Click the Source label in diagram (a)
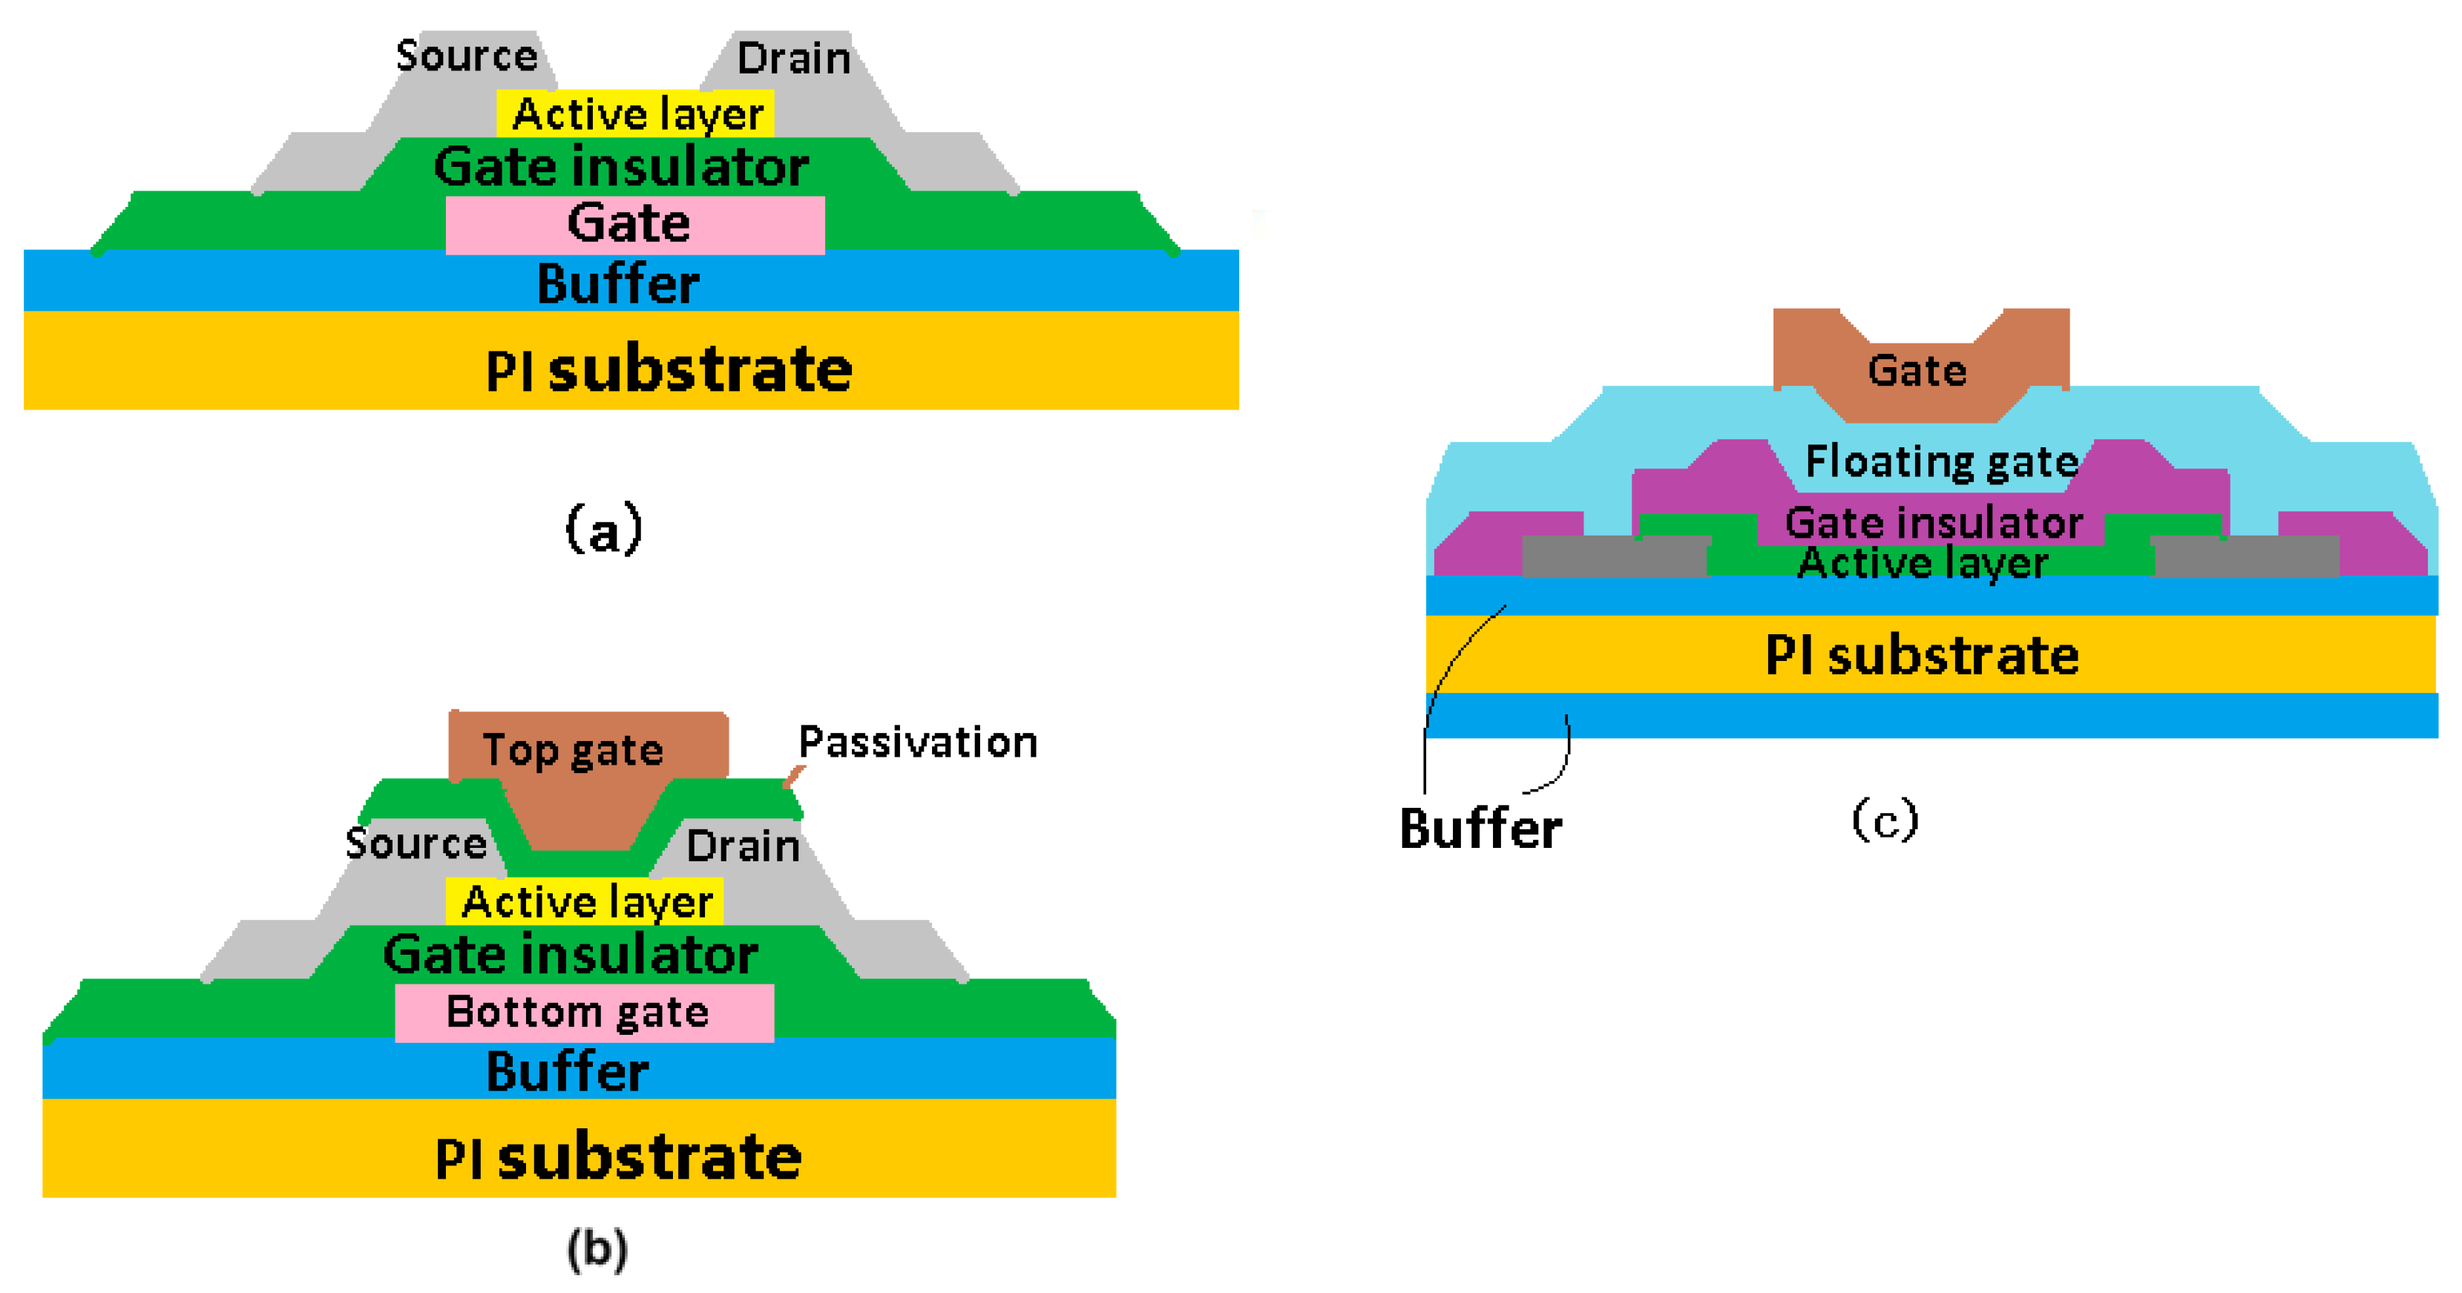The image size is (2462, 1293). tap(467, 56)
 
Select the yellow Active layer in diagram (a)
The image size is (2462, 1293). tap(637, 113)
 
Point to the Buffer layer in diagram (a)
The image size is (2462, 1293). tap(617, 283)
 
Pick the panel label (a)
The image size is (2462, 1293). tap(604, 528)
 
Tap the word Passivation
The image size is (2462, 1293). tap(918, 743)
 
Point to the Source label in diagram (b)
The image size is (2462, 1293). tap(416, 843)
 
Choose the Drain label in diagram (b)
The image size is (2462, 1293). tap(743, 846)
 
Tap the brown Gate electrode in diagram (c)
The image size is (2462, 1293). tap(1917, 371)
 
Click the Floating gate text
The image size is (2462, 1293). tap(1941, 461)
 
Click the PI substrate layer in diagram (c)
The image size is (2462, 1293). tap(1921, 656)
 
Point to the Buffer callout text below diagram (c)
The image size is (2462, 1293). tap(1480, 828)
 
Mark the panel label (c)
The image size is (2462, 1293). tap(1885, 820)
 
